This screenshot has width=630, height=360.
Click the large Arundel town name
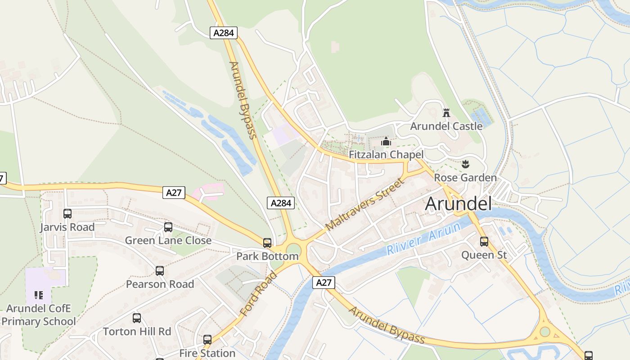tap(458, 204)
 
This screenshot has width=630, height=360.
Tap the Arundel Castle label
tap(446, 126)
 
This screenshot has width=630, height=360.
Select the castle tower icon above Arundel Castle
tap(446, 112)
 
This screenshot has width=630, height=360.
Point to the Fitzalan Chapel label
tap(386, 154)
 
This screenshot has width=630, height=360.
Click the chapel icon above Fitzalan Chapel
tap(386, 142)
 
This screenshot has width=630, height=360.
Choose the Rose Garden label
tap(465, 178)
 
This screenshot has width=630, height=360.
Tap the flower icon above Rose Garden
tap(465, 163)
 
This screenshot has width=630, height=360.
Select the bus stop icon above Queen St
tap(484, 242)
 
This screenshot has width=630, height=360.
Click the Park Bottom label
tap(267, 256)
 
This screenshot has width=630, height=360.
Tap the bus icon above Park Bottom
tap(267, 243)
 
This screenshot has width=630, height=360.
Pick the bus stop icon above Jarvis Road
tap(67, 214)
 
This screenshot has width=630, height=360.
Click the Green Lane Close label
tap(168, 240)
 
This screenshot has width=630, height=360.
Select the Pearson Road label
tap(160, 284)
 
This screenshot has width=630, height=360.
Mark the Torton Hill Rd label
tap(137, 332)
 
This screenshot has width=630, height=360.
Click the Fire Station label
tap(207, 353)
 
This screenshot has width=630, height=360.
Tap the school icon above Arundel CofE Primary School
tap(38, 295)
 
